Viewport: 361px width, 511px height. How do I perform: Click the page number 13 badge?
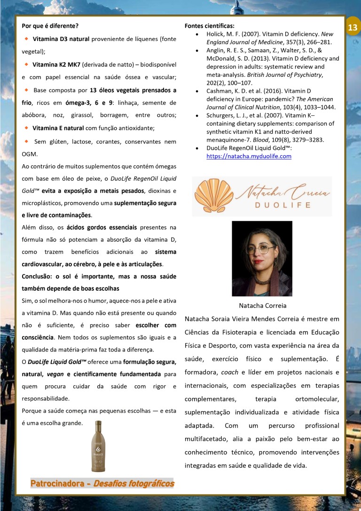[x=353, y=27]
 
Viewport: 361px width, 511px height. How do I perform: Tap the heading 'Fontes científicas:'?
[x=209, y=25]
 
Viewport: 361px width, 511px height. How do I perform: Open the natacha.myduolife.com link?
[x=249, y=156]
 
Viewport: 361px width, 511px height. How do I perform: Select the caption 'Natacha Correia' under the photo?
[x=262, y=305]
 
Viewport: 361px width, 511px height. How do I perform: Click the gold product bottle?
[x=98, y=446]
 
